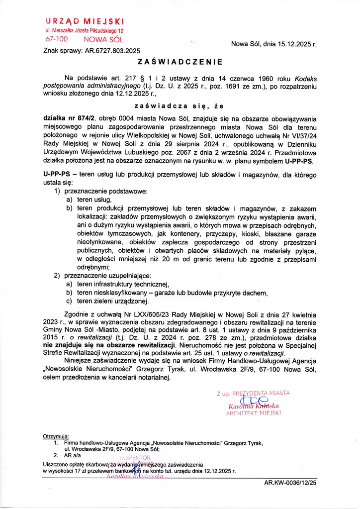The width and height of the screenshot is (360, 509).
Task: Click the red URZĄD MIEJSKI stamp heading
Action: coord(85,21)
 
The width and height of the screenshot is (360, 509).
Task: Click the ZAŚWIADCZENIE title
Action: coord(180,63)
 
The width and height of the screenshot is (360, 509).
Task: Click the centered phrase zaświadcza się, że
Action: coord(180,106)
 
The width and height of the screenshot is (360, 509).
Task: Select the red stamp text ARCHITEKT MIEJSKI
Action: coord(254,413)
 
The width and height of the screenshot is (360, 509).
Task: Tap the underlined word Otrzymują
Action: coord(56,437)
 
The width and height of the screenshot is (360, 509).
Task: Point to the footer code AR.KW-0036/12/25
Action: coord(290,482)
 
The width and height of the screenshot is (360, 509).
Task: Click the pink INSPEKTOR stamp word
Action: coord(134,457)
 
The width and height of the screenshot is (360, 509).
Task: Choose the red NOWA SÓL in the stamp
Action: coord(103,39)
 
